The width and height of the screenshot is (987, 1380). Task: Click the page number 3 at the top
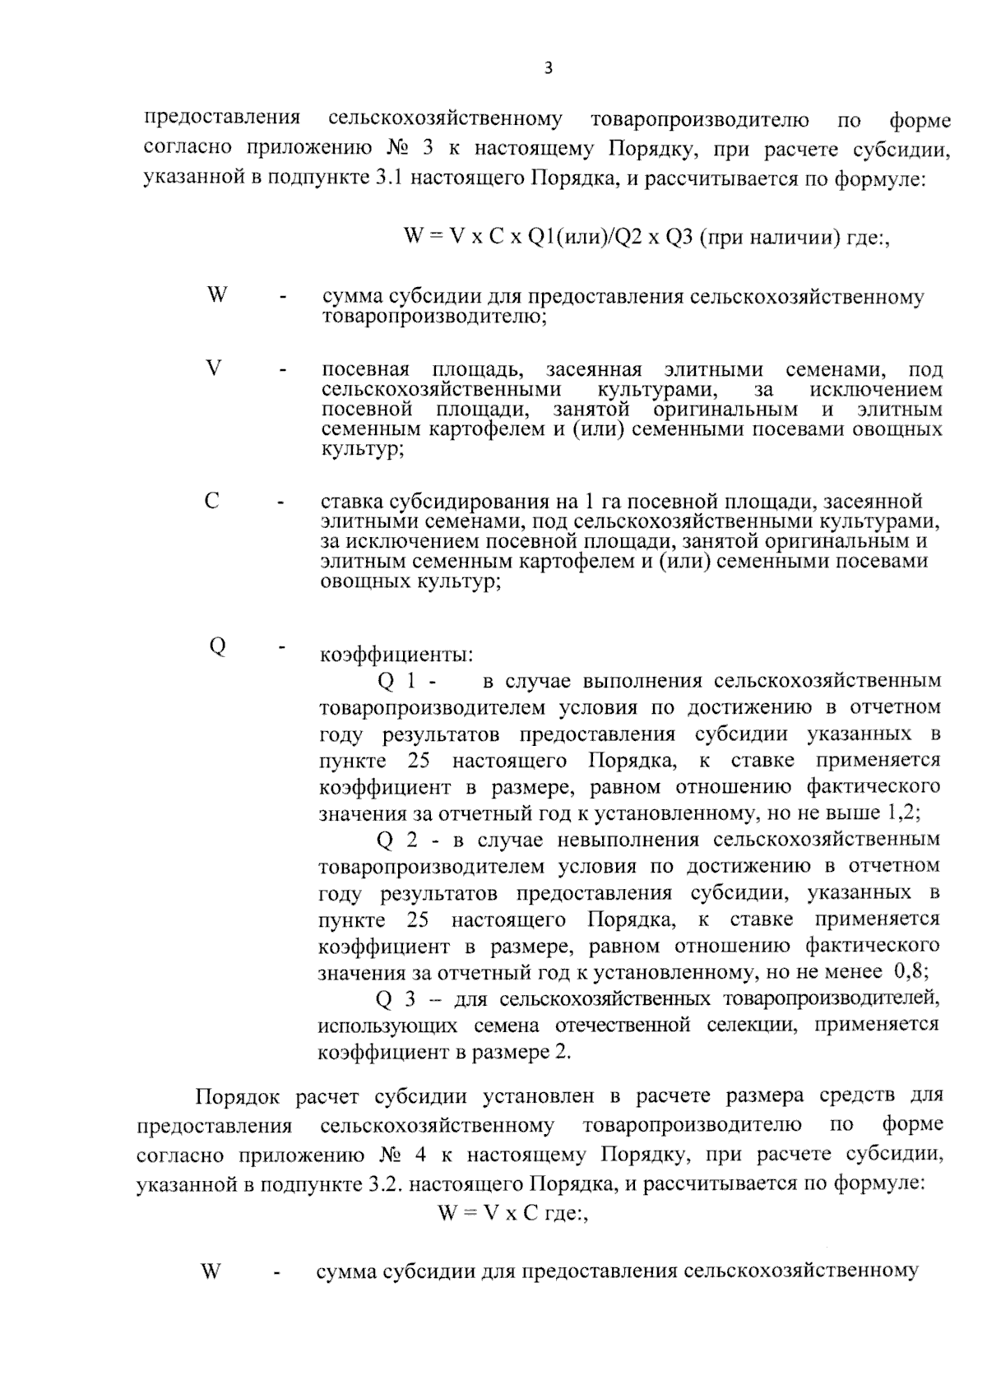pos(549,69)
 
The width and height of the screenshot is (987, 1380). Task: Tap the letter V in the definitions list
pos(214,368)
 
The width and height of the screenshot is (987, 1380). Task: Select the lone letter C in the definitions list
pos(212,500)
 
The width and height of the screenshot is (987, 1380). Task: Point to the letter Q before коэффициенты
pos(217,646)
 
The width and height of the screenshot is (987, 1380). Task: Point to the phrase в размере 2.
pos(526,1052)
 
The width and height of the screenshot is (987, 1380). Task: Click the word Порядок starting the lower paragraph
pos(238,1096)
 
